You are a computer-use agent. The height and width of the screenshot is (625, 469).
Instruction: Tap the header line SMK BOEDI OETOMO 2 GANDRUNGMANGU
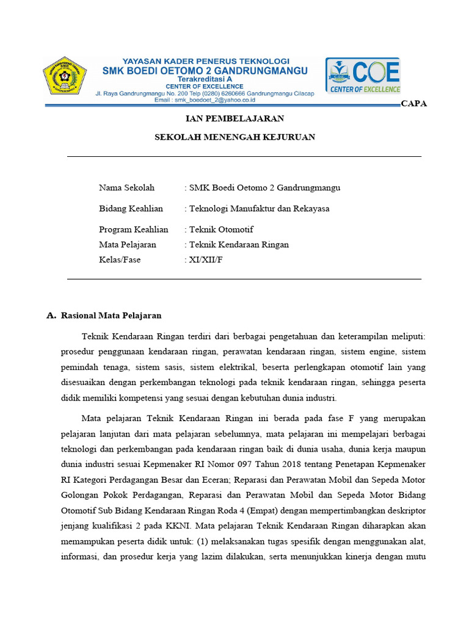coord(205,71)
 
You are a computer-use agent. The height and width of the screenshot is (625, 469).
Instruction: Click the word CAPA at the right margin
coord(414,104)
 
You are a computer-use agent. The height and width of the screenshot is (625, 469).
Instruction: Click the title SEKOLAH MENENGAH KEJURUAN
coord(234,137)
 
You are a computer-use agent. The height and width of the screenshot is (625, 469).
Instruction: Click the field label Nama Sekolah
coord(126,187)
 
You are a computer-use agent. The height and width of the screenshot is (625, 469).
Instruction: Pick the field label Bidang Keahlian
coord(131,209)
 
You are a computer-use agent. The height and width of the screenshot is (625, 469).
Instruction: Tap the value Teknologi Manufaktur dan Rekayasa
coord(259,209)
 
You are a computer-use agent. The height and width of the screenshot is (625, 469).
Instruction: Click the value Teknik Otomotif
coord(221,229)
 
